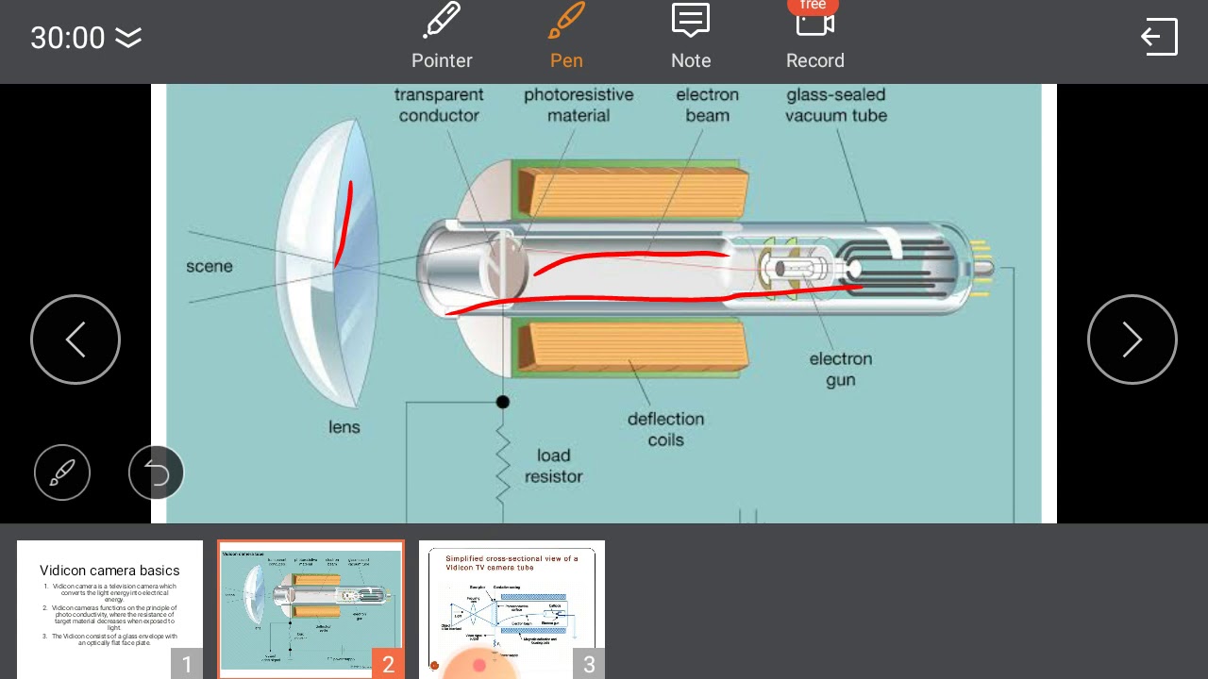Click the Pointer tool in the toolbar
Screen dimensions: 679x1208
pos(442,37)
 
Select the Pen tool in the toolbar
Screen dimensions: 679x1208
pos(566,37)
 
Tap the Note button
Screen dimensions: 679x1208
pos(691,37)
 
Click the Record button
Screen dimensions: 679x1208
pos(814,37)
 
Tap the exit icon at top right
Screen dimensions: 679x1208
pos(1159,37)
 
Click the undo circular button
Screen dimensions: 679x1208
pos(157,472)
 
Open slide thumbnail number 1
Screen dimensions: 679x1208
pos(109,608)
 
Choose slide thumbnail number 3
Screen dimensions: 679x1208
pos(512,608)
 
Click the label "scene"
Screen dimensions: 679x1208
pos(210,266)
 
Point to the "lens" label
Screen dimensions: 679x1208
pos(344,427)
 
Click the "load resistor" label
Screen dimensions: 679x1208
pos(554,466)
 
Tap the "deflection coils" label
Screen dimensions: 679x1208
pos(665,429)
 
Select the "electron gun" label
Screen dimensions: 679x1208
pos(840,369)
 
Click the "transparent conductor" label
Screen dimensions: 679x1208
pos(439,105)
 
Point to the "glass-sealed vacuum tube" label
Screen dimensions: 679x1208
pos(836,105)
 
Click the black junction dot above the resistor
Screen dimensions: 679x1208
pos(503,402)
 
